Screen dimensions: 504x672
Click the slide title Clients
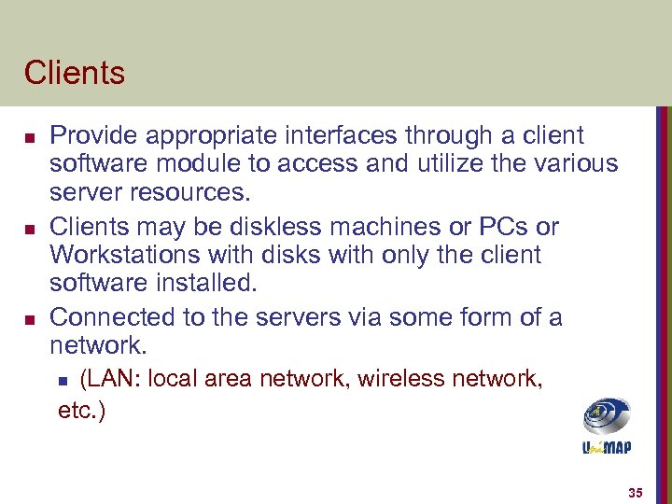pos(75,72)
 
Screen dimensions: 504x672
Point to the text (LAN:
pos(111,380)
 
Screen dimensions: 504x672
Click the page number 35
pos(636,492)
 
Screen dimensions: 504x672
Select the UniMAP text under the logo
pos(606,447)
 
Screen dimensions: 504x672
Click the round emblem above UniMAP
pos(607,416)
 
